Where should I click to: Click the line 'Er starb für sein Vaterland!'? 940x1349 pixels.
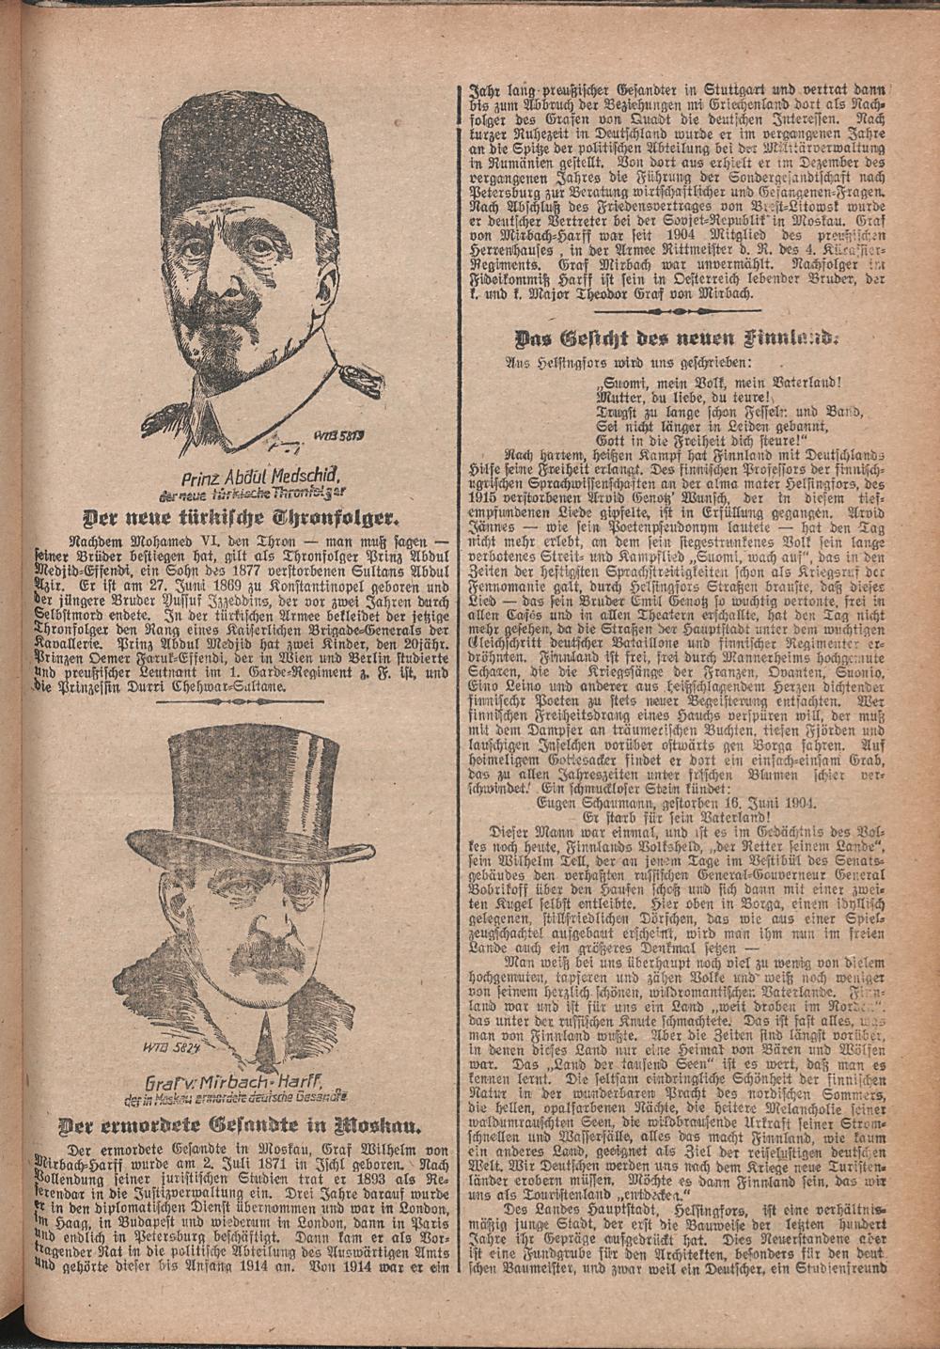click(675, 817)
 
